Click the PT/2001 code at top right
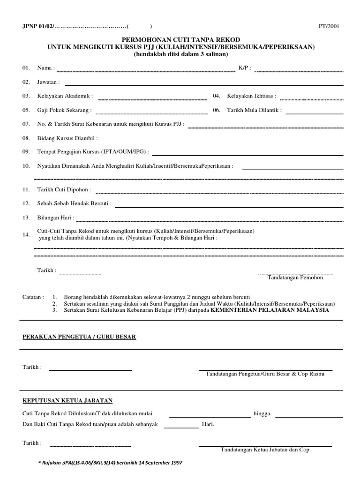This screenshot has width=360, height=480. click(329, 27)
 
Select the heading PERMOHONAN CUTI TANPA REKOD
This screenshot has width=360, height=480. click(180, 40)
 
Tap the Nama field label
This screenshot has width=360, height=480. click(46, 68)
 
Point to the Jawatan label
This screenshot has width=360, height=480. click(48, 82)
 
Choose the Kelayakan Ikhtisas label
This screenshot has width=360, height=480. click(252, 97)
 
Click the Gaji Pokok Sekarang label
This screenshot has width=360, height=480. click(64, 111)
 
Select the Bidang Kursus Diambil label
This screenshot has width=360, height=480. click(67, 139)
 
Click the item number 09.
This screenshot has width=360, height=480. click(26, 152)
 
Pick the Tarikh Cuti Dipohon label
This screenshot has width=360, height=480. click(64, 190)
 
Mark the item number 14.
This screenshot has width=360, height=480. click(26, 234)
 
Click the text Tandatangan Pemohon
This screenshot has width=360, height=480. click(295, 277)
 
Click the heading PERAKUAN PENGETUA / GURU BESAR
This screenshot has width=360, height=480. click(79, 337)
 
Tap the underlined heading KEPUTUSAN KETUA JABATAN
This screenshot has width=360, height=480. click(67, 401)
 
